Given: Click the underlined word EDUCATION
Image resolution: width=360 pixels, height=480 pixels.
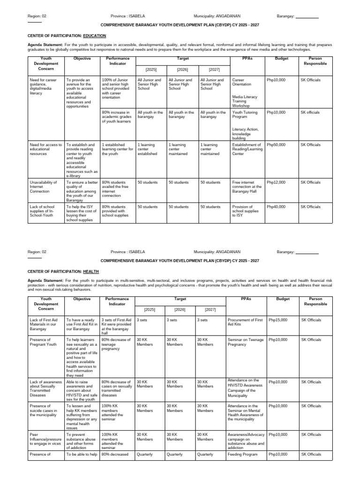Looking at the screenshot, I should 94,36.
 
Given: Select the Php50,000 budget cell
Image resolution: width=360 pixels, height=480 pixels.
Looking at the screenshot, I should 276,145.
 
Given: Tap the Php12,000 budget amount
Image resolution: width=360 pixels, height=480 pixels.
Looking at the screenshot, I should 276,182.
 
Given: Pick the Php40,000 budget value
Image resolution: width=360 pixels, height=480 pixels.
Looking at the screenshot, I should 276,207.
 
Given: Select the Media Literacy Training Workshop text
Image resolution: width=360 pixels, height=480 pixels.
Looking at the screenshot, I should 243,102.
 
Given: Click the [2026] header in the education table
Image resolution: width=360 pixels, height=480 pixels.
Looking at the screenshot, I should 182,70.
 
